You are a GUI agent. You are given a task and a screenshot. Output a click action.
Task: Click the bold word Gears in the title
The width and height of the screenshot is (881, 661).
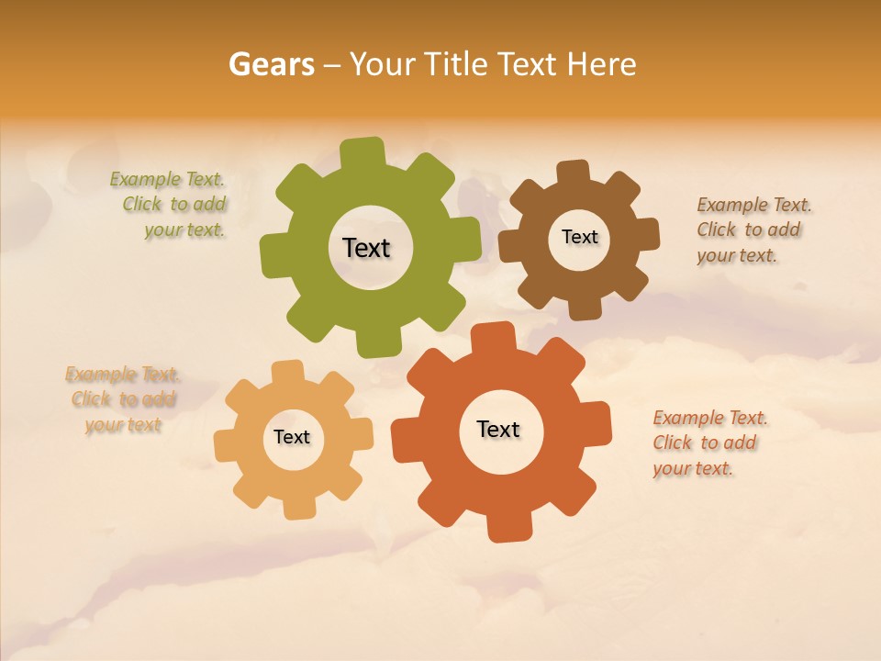coord(271,64)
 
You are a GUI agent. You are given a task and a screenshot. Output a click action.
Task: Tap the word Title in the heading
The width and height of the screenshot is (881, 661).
coord(460,64)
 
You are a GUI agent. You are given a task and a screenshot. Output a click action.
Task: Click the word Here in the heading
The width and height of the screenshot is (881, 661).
coord(601,64)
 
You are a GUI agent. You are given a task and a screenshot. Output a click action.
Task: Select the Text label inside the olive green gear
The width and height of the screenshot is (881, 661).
coord(366,248)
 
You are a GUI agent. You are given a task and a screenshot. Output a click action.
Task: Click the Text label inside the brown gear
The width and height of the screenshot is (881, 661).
coord(579,237)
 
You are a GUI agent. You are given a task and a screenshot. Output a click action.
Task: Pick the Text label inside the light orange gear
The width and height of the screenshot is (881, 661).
coord(292,437)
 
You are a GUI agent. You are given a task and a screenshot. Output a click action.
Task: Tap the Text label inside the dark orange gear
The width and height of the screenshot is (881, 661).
coord(498,429)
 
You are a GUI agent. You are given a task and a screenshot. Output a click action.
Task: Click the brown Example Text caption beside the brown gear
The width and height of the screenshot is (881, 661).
coord(753,230)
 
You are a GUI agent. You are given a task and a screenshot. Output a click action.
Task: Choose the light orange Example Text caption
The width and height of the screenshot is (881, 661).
coord(123,399)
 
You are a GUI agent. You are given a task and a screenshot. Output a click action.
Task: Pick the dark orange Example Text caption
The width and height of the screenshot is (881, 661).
coord(708,443)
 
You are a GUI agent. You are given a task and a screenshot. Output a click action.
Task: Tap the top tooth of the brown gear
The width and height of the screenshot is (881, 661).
coord(573,173)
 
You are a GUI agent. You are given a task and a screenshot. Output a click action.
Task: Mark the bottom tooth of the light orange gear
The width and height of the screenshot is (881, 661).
coord(299,507)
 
